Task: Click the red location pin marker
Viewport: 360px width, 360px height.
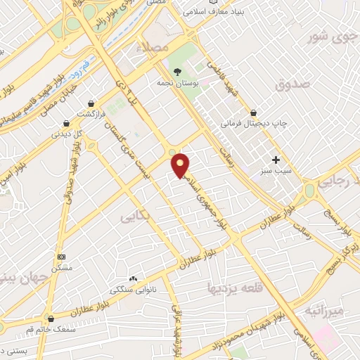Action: [x=181, y=166]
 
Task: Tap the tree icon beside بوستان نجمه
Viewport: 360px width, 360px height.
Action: [x=177, y=72]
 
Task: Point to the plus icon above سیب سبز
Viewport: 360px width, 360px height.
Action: [x=276, y=160]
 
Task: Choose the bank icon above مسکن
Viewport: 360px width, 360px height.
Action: [x=61, y=257]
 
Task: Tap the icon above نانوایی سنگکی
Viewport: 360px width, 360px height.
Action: [x=133, y=279]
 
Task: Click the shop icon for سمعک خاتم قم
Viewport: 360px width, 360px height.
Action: [x=50, y=319]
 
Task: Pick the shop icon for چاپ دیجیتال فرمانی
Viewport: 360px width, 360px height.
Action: [x=253, y=112]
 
